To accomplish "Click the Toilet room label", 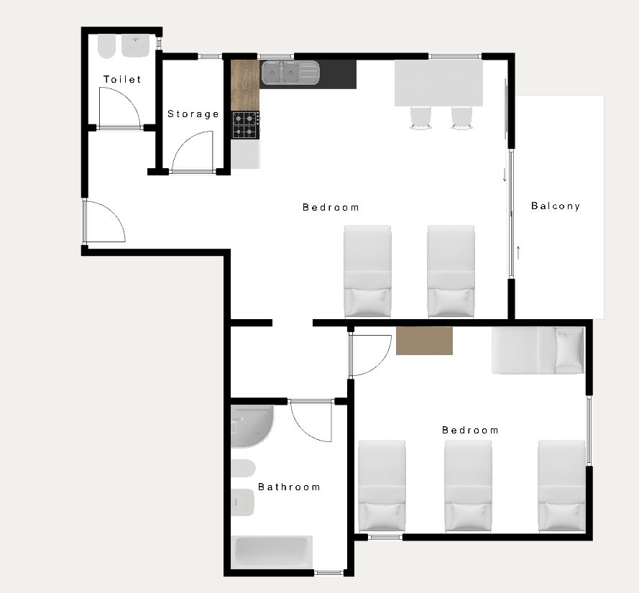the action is pos(122,79).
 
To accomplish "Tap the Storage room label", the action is pos(193,114).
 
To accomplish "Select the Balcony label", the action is pos(556,206).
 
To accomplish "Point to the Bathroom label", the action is pos(290,487).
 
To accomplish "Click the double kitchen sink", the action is pos(290,73).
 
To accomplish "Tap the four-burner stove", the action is pos(246,125).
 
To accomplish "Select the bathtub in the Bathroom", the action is pos(272,552).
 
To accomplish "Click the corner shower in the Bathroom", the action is pos(252,426).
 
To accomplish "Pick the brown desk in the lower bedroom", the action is pos(424,341).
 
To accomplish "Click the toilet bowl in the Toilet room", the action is pos(107,47).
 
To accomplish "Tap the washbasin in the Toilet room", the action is pos(136,46).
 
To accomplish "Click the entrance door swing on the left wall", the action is pos(104,221).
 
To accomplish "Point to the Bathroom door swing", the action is pos(311,421).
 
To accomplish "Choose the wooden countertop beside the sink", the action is pos(245,86).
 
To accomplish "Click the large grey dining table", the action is pos(438,83).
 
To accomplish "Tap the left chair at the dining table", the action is pos(420,118).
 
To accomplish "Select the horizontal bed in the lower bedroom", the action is pos(538,351).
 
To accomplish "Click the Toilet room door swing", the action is pos(120,108).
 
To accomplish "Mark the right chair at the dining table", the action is pos(461,118).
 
